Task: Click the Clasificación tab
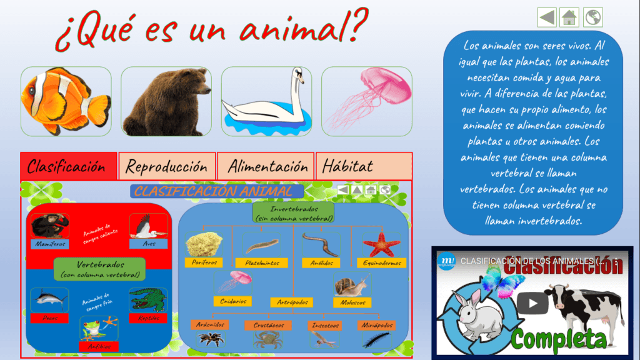click(68, 166)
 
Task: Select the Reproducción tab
click(167, 166)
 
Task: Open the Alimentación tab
click(267, 166)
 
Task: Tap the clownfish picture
click(66, 101)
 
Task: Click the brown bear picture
click(166, 101)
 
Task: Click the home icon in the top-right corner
click(569, 17)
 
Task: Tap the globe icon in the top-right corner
click(593, 17)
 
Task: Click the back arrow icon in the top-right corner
click(546, 17)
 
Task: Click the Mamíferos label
click(50, 244)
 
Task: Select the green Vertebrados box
click(99, 269)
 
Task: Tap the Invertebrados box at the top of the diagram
click(294, 213)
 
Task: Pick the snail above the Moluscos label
click(351, 286)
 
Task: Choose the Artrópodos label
click(292, 302)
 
